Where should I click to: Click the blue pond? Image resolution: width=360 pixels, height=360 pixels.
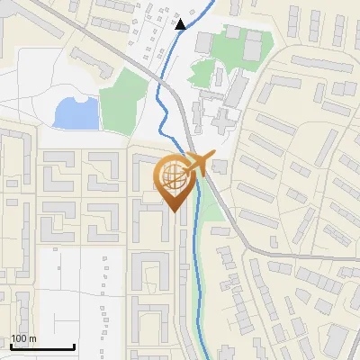point(76,113)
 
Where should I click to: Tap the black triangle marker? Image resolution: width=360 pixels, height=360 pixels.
point(181,24)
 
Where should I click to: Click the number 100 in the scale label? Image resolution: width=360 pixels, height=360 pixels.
point(20,338)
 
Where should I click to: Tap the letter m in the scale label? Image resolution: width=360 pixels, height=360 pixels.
point(33,338)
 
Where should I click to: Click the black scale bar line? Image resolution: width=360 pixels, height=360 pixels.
point(42,346)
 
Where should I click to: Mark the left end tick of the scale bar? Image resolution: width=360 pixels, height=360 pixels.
point(11,345)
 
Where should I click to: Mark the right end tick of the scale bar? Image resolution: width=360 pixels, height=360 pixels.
point(74,345)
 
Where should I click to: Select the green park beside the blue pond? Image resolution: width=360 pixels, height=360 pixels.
point(123,102)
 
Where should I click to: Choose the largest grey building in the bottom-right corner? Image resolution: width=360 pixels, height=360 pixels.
point(335,340)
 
